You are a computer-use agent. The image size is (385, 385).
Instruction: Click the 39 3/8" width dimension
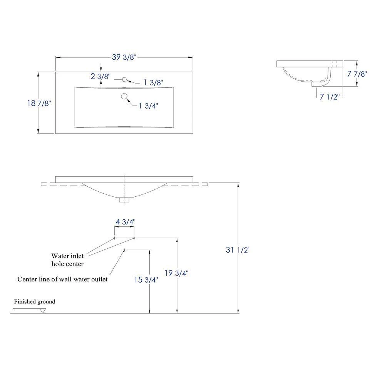coord(124,57)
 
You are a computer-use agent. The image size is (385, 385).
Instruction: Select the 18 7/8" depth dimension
coord(39,103)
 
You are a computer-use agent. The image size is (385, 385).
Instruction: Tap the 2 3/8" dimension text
coord(101,77)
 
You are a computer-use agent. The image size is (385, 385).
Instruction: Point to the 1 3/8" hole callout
coord(153,82)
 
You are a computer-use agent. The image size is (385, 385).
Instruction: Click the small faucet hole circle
coord(124,79)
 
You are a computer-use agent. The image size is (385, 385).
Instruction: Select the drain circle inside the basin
coord(124,97)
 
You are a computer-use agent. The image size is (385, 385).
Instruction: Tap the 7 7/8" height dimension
coord(357,74)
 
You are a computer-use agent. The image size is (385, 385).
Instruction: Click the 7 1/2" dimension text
coord(329,97)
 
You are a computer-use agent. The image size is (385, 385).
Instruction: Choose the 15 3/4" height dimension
coord(146,280)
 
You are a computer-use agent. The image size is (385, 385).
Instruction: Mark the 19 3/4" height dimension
coord(176,273)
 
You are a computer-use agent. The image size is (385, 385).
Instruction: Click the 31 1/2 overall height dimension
coord(237,250)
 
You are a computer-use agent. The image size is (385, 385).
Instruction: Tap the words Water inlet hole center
coord(67,259)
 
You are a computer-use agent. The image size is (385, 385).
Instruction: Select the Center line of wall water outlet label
coord(62,279)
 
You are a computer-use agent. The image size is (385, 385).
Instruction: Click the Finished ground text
coord(35,301)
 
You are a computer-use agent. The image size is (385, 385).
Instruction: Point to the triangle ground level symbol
coord(43,311)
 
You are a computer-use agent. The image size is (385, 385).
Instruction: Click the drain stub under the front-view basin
coord(124,199)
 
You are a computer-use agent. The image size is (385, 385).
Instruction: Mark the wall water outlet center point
coord(124,250)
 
